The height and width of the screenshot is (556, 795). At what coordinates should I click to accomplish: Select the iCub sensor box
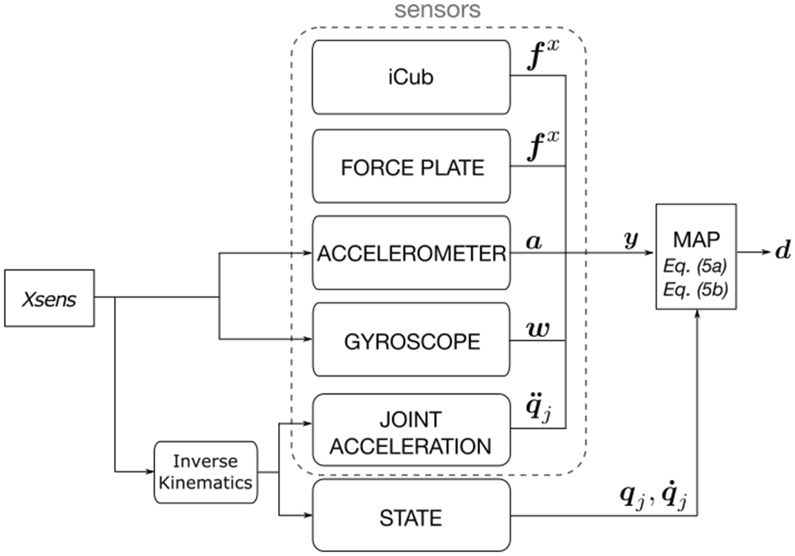click(x=411, y=77)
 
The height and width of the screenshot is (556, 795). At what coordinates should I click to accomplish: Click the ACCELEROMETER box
click(x=411, y=254)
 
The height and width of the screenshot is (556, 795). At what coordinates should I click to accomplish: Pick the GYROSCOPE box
click(x=411, y=341)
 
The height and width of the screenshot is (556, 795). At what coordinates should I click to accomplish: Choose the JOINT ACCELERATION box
click(x=411, y=432)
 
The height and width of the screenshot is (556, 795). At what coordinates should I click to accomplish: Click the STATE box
click(x=411, y=517)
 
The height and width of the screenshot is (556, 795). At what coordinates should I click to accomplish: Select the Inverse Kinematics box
click(x=206, y=471)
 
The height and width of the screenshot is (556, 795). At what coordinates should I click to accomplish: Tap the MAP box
click(x=697, y=255)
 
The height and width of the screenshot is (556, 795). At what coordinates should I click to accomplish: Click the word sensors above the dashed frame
click(x=439, y=11)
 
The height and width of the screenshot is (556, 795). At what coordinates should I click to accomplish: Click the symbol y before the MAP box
click(x=632, y=239)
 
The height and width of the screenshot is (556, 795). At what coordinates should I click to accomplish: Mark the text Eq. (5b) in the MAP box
click(x=697, y=289)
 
